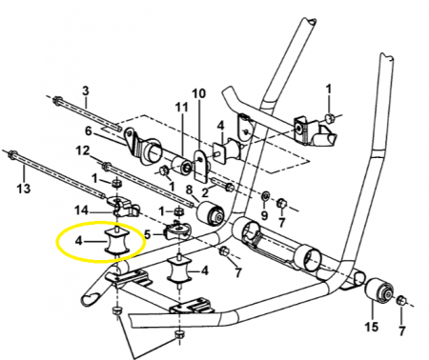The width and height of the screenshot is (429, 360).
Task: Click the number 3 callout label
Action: pyautogui.click(x=86, y=90)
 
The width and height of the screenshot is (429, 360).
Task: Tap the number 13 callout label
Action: pyautogui.click(x=24, y=189)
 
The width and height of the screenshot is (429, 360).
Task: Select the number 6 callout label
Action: pyautogui.click(x=88, y=130)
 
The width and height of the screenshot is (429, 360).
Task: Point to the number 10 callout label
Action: pyautogui.click(x=199, y=93)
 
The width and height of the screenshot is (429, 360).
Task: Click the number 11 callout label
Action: pyautogui.click(x=182, y=108)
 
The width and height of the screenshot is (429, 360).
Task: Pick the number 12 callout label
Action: pyautogui.click(x=83, y=150)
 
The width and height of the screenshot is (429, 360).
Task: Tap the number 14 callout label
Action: pyautogui.click(x=81, y=210)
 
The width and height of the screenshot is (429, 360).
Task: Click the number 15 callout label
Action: pyautogui.click(x=372, y=327)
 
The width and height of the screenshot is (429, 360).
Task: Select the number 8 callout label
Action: pyautogui.click(x=189, y=190)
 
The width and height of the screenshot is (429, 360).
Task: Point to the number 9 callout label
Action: pyautogui.click(x=264, y=215)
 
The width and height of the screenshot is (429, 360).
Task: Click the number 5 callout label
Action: pyautogui.click(x=148, y=234)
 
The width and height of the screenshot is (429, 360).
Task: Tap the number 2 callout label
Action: pyautogui.click(x=205, y=192)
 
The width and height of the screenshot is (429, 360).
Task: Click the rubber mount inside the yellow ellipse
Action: pyautogui.click(x=117, y=241)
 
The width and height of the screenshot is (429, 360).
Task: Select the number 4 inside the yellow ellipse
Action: pyautogui.click(x=78, y=241)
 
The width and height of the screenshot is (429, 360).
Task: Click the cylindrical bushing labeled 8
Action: pyautogui.click(x=211, y=212)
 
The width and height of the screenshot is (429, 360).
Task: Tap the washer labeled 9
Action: pyautogui.click(x=265, y=196)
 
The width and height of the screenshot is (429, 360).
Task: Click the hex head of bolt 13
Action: pyautogui.click(x=12, y=154)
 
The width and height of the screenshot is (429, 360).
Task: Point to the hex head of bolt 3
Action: pyautogui.click(x=57, y=100)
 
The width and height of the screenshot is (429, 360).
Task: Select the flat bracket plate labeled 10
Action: pyautogui.click(x=200, y=166)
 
